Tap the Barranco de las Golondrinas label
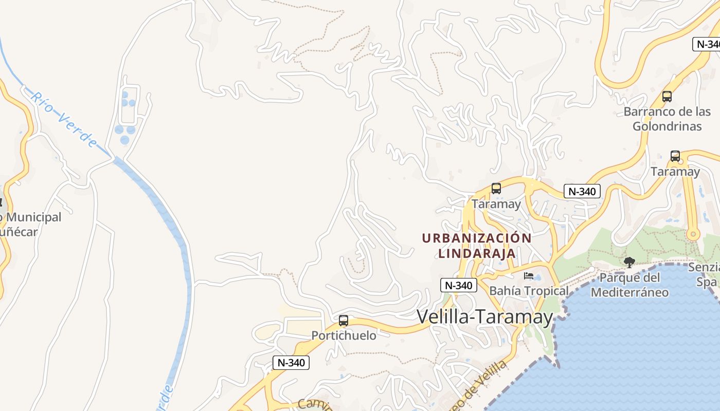pos(667,119)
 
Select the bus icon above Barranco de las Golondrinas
pos(667,96)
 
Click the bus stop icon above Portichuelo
pos(344,321)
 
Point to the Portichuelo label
pos(344,335)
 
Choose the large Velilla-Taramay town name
pos(484,316)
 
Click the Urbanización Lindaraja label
pos(477,246)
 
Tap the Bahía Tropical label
pos(529,291)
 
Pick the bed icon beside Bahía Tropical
pos(528,276)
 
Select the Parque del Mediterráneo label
pos(629,285)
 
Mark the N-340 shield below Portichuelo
pos(291,362)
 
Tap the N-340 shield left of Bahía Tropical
pos(459,286)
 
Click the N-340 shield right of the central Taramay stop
pos(582,192)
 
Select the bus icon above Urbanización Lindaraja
pos(496,189)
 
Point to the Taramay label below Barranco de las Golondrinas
pos(675,172)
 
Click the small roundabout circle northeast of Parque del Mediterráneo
pos(693,235)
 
